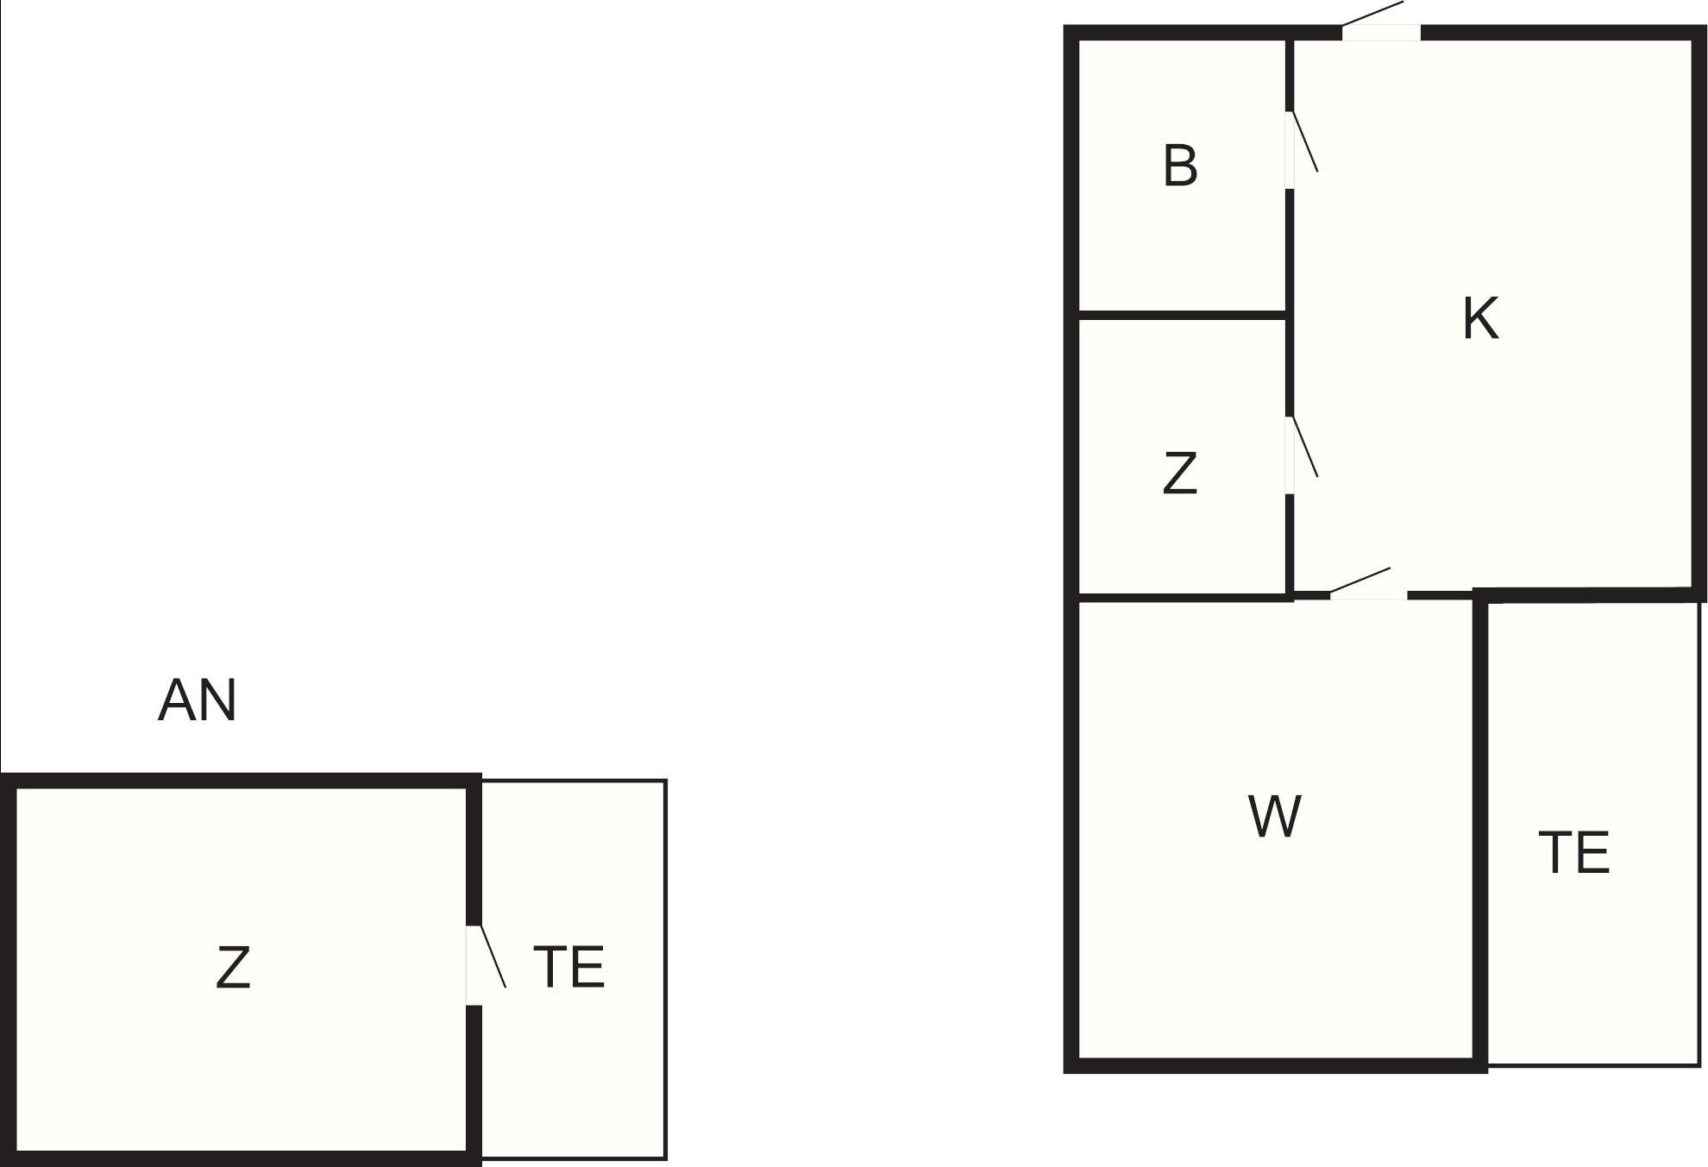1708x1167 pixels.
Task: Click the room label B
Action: pos(1180,166)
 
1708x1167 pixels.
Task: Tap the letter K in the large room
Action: pos(1480,318)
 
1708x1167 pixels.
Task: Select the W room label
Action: pos(1274,817)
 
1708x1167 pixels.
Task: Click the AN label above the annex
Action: pos(197,700)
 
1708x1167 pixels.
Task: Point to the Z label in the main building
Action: pos(1179,474)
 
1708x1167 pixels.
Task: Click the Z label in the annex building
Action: pos(232,968)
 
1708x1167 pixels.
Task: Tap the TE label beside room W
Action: pos(1573,853)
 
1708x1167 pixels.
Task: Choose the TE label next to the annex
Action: pos(568,967)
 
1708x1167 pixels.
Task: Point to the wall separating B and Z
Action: pos(1183,315)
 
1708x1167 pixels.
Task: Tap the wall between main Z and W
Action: pos(1183,595)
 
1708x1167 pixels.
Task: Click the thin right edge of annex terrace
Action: pos(665,969)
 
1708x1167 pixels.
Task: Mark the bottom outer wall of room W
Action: pos(1275,1066)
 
